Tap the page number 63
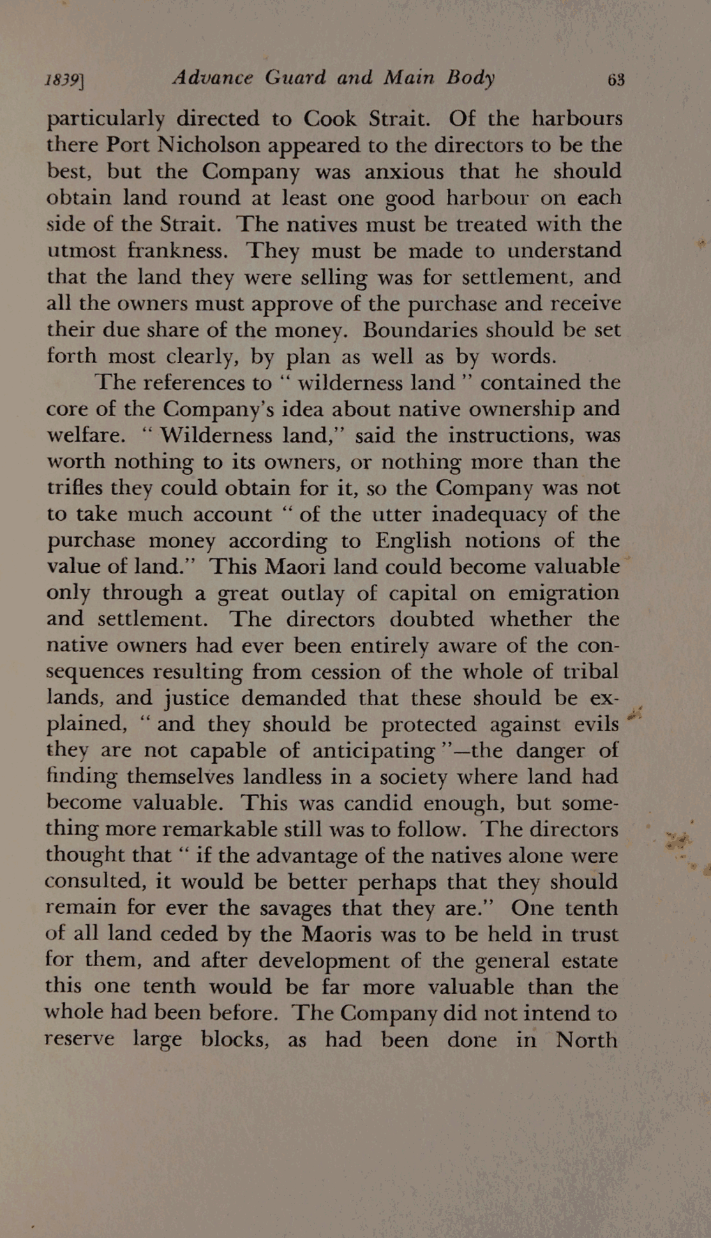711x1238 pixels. [616, 80]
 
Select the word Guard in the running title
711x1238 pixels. [296, 78]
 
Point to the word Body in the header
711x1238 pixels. [471, 78]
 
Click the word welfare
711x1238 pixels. [86, 435]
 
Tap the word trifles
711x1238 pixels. [75, 488]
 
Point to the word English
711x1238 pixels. [413, 541]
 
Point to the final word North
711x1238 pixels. [586, 1040]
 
